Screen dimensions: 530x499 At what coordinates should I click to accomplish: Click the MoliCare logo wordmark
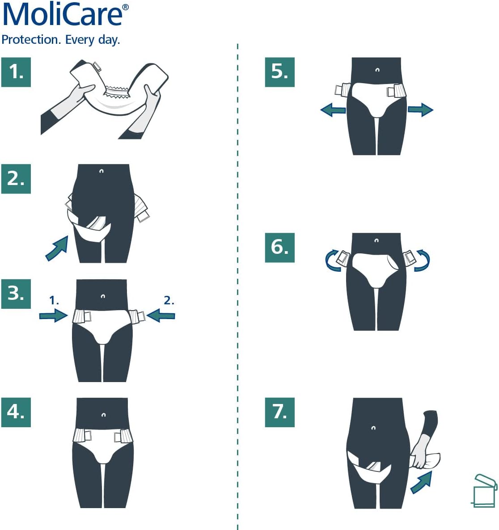63,15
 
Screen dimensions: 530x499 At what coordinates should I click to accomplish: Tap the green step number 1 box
16,72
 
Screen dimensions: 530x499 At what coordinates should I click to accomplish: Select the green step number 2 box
16,179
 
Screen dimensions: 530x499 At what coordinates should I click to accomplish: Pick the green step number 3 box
16,294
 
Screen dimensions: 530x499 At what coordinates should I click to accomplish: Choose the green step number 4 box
16,412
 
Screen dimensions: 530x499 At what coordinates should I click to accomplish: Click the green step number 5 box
279,72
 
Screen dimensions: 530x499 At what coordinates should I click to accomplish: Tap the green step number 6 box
279,247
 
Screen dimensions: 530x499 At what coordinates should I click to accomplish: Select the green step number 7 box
279,412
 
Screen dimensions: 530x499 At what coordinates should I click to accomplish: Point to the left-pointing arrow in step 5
333,109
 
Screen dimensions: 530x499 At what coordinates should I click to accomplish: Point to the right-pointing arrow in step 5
420,109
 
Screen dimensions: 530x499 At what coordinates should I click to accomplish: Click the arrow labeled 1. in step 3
53,316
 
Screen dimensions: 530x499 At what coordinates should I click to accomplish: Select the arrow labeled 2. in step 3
161,316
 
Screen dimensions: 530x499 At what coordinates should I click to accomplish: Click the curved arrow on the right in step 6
422,261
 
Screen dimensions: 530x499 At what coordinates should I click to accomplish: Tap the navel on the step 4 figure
103,415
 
